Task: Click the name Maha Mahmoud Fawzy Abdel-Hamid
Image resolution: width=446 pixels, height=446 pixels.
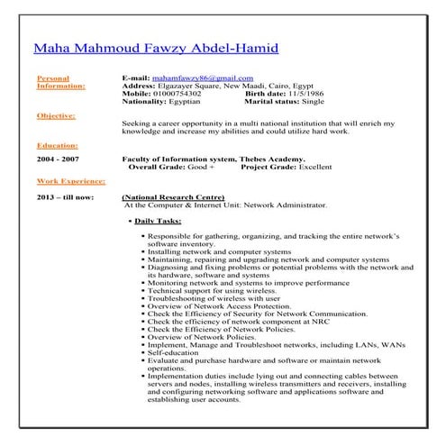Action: tap(156, 49)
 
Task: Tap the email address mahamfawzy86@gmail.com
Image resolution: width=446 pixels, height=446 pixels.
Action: tap(204, 78)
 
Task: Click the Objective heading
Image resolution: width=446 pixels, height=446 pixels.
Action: tap(56, 116)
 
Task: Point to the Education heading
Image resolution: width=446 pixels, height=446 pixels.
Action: tap(58, 144)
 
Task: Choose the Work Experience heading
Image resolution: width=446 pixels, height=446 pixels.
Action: tap(71, 180)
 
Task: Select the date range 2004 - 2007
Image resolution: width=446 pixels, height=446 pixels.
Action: tap(57, 159)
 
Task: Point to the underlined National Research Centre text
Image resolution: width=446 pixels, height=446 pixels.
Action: tap(173, 196)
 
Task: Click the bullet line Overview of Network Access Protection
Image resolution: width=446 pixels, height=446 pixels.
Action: tap(221, 307)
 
